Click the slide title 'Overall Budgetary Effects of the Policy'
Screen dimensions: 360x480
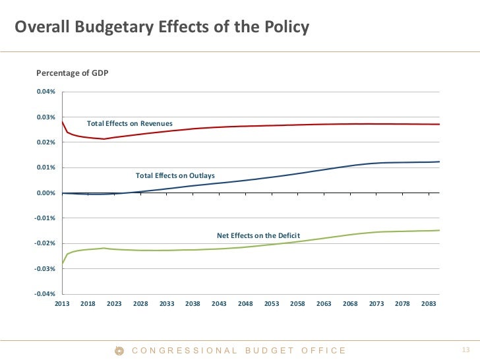(162, 28)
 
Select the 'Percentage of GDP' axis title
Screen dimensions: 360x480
(72, 73)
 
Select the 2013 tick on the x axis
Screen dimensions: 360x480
(62, 304)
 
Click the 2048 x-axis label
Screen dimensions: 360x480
(245, 304)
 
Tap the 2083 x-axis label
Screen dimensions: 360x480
(429, 304)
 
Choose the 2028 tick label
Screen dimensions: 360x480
(140, 304)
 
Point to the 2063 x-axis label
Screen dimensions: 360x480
(324, 304)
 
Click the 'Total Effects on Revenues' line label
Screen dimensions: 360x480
(130, 124)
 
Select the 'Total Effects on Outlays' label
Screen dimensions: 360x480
(176, 175)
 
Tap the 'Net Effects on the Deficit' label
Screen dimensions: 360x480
(258, 235)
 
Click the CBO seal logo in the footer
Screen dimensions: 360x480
(120, 351)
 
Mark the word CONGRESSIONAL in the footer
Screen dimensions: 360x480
(185, 351)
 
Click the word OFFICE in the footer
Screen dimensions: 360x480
(324, 351)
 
